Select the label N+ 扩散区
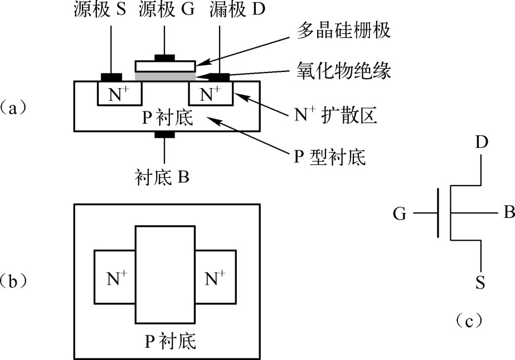[x=336, y=115]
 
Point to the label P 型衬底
[x=329, y=157]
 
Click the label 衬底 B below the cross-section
[x=163, y=177]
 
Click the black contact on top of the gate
[x=164, y=57]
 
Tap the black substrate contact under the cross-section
[x=164, y=134]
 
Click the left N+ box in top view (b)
[x=115, y=278]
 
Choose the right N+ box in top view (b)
[x=215, y=278]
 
